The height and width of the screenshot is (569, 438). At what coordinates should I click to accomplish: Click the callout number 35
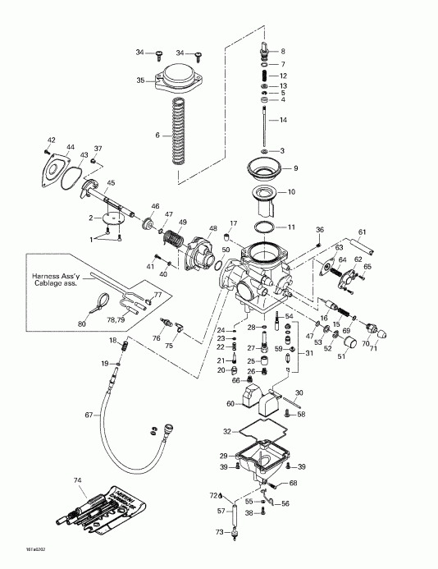coord(140,80)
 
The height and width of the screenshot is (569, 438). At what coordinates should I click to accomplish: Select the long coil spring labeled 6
coord(177,135)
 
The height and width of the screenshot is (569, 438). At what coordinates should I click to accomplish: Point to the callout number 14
coord(283,120)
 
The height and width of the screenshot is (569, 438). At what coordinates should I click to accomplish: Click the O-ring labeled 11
coord(263,226)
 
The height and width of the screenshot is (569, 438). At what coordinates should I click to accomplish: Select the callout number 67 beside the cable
coord(89,415)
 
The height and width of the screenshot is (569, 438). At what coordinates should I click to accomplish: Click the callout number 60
coord(230,403)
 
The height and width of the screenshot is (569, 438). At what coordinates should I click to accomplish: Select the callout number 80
coord(82,324)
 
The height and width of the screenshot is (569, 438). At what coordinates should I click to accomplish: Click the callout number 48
coord(213,228)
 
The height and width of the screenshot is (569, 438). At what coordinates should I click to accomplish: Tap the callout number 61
coord(362,233)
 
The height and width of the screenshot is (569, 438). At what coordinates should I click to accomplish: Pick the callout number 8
coord(283,52)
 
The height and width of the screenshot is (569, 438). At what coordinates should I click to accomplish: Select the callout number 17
coord(233,223)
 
